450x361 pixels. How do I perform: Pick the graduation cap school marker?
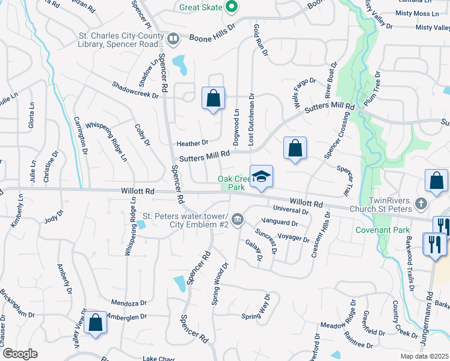click(261, 176)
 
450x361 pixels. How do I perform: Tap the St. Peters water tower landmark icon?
click(238, 218)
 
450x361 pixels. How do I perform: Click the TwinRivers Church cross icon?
click(421, 205)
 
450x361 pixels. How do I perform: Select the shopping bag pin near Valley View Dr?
click(95, 322)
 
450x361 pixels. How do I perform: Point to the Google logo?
click(20, 354)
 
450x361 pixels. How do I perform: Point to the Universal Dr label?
click(291, 210)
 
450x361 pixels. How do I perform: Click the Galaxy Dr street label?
click(254, 250)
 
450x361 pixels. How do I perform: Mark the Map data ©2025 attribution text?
click(425, 356)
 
